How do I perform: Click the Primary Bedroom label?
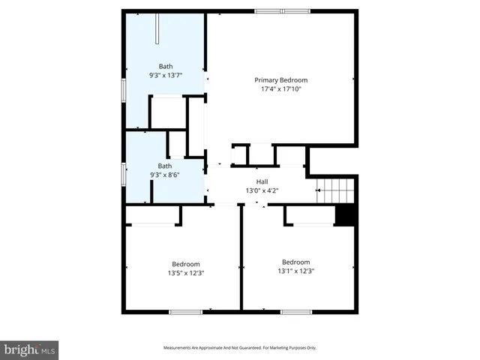click(x=280, y=80)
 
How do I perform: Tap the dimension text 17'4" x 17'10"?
click(x=280, y=90)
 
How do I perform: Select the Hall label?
click(x=262, y=181)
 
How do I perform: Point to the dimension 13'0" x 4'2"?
click(x=262, y=190)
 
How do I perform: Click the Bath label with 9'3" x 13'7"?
click(x=165, y=66)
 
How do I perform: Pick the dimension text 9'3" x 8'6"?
click(x=165, y=175)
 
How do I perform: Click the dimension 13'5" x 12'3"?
click(x=186, y=273)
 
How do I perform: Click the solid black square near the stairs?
click(x=344, y=215)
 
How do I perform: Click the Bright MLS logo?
click(x=30, y=349)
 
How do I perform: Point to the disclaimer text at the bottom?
click(x=240, y=348)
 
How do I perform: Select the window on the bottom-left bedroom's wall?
click(x=185, y=311)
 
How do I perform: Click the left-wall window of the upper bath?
click(x=124, y=88)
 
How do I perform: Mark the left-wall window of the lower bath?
click(x=124, y=173)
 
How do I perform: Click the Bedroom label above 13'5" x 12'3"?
click(x=186, y=264)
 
